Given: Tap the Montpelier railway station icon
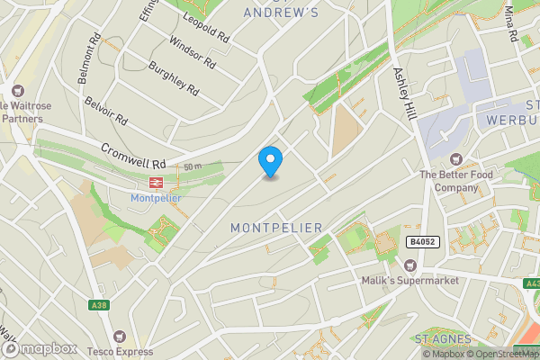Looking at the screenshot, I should pyautogui.click(x=155, y=182).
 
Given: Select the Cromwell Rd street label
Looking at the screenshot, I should pyautogui.click(x=134, y=157).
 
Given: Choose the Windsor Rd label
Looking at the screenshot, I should pyautogui.click(x=192, y=54).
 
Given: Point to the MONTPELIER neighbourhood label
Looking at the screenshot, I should pyautogui.click(x=276, y=228).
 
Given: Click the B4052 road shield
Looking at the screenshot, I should pyautogui.click(x=422, y=242).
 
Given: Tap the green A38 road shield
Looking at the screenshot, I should pyautogui.click(x=99, y=306).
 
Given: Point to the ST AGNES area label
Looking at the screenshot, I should pyautogui.click(x=444, y=338).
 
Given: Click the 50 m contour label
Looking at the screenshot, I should pyautogui.click(x=191, y=167).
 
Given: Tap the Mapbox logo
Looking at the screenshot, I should pyautogui.click(x=38, y=348).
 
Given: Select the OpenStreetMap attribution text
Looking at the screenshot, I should pyautogui.click(x=501, y=354).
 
